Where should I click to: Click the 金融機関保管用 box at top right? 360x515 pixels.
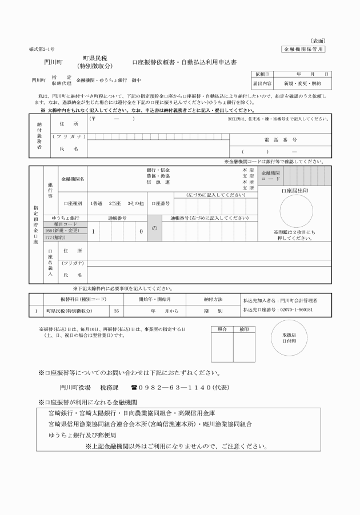pos(305,50)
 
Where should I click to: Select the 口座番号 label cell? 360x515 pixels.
pos(159,203)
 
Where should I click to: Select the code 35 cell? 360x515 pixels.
pos(117,311)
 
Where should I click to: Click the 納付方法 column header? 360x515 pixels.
pos(213,299)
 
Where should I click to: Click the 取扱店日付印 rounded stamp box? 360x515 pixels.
pos(289,338)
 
